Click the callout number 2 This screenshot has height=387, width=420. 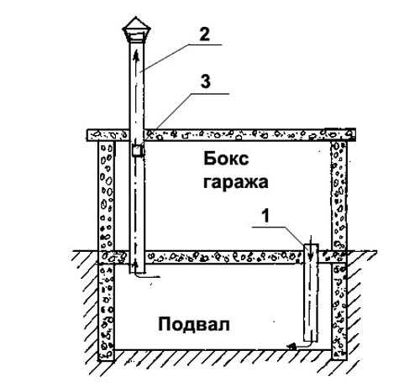[204, 34]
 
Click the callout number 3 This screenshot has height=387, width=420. [205, 81]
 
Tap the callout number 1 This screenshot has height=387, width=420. [265, 216]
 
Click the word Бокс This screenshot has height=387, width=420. [226, 159]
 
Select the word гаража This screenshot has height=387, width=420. [236, 183]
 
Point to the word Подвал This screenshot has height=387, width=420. [194, 324]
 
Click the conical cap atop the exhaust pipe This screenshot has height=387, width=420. [136, 29]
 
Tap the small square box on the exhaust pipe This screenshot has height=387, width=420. [138, 151]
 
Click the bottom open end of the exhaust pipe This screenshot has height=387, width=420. [137, 273]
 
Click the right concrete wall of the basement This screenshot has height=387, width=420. [339, 311]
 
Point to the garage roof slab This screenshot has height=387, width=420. [221, 134]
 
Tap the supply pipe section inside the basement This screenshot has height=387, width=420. [311, 302]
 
